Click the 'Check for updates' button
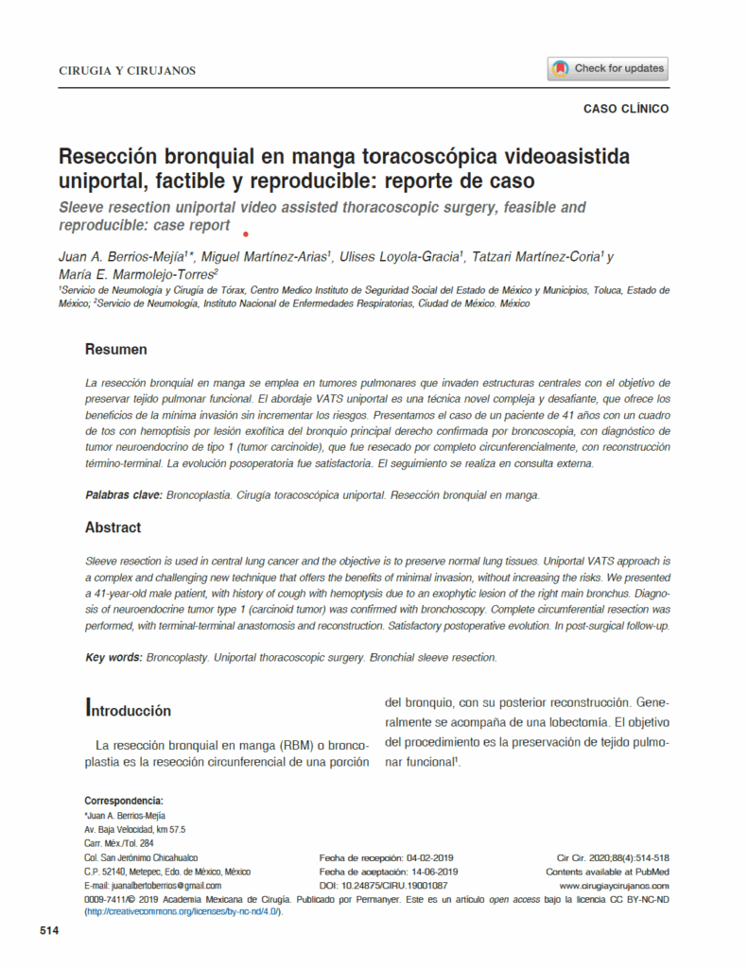click(608, 68)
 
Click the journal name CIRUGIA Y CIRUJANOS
click(127, 70)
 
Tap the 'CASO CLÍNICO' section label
click(625, 109)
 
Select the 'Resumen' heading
click(115, 350)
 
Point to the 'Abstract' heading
click(113, 527)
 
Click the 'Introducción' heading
click(129, 709)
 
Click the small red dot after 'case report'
click(246, 233)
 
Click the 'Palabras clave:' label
click(123, 495)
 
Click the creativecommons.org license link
click(183, 912)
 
